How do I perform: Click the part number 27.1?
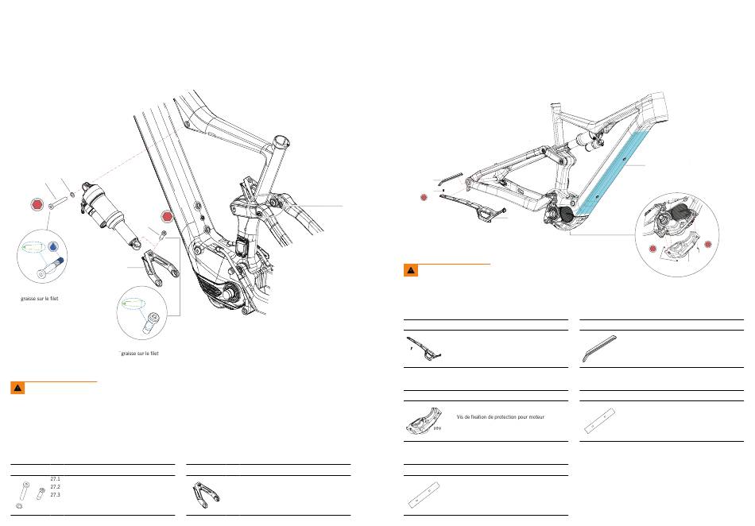(x=56, y=479)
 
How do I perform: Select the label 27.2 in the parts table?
(x=56, y=486)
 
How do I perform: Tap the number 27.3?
(x=56, y=494)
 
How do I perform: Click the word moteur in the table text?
(x=536, y=417)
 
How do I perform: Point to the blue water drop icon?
(x=53, y=246)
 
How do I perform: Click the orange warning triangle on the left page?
(x=17, y=388)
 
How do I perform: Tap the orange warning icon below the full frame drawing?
(x=411, y=270)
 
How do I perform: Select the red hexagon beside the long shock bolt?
(x=37, y=204)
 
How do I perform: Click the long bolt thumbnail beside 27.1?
(x=24, y=490)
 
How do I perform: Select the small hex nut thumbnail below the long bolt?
(x=19, y=506)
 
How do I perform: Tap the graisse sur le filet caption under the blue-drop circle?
(x=40, y=299)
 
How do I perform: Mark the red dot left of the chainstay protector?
(x=424, y=197)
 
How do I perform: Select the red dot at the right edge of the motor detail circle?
(x=708, y=245)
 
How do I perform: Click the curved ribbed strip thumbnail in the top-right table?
(x=599, y=348)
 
